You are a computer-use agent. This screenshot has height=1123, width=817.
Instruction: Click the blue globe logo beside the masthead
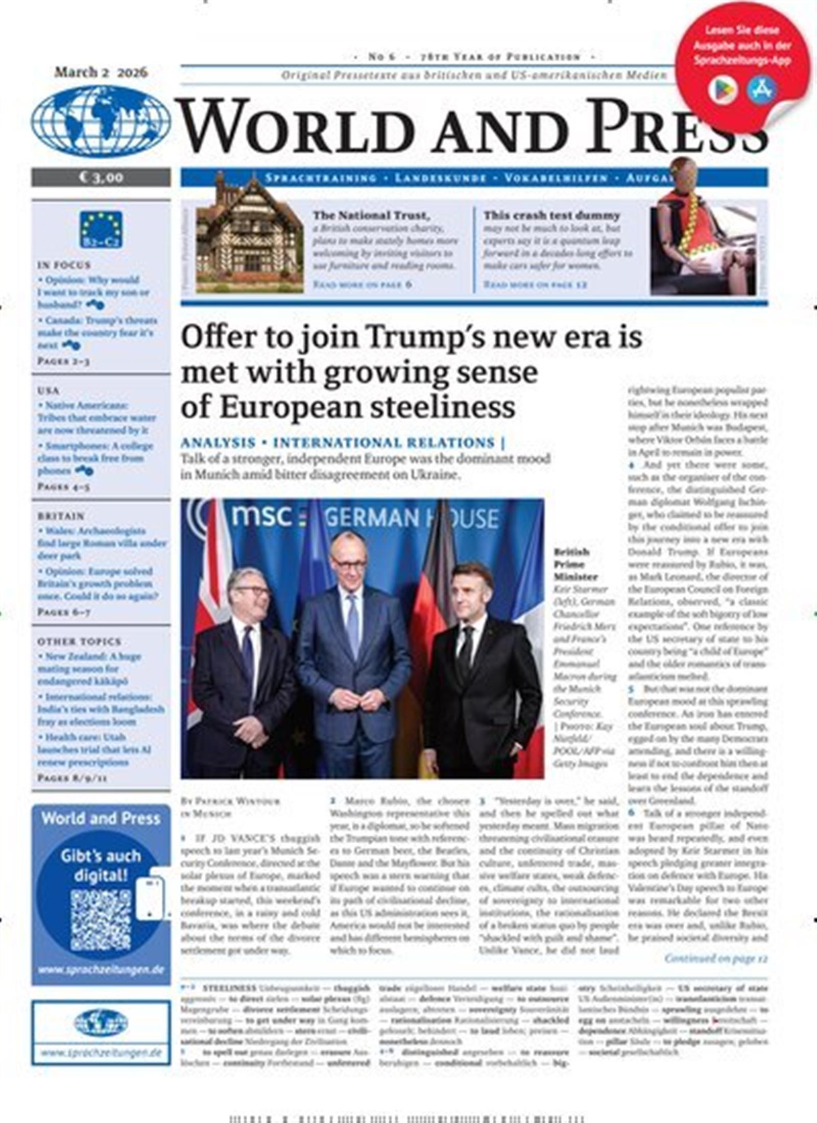click(x=101, y=121)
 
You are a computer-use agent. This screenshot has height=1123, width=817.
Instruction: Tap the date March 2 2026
click(x=101, y=72)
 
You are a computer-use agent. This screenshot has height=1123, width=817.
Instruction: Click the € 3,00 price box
click(x=101, y=177)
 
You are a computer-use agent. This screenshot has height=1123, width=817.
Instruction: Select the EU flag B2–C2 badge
click(x=101, y=229)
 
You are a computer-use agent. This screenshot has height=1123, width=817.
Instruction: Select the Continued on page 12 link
click(x=715, y=958)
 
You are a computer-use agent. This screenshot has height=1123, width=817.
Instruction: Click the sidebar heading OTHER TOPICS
click(x=79, y=642)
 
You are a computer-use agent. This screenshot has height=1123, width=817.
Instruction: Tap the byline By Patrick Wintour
click(x=230, y=801)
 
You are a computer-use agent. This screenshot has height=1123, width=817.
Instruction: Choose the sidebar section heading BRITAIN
click(x=61, y=516)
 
